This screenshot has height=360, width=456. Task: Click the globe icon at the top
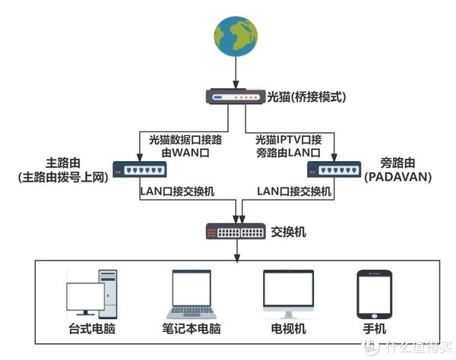(x=236, y=36)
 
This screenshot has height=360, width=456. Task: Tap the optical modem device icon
(x=236, y=96)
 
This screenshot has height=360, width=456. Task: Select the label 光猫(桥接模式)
(x=306, y=96)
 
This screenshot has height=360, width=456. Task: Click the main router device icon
(x=140, y=169)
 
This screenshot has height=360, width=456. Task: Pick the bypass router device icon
(x=334, y=169)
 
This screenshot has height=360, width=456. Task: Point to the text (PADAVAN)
(x=397, y=177)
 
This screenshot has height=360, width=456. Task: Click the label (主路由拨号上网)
(x=63, y=177)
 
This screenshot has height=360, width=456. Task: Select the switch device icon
(x=236, y=232)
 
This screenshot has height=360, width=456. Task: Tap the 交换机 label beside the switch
(x=288, y=232)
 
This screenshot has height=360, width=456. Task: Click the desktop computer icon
(x=92, y=294)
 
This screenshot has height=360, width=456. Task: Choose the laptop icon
(x=192, y=294)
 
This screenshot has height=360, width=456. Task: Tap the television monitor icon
(x=288, y=294)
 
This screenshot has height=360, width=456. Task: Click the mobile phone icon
(x=375, y=294)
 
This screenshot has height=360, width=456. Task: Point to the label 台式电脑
(x=92, y=329)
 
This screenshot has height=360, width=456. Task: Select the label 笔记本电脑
(x=192, y=329)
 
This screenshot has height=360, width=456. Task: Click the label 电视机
(x=288, y=329)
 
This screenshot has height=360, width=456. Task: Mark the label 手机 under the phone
(x=375, y=329)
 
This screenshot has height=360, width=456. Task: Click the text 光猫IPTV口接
(x=289, y=140)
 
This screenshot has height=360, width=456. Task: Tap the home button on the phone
(x=375, y=316)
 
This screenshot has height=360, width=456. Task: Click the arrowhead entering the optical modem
(x=236, y=84)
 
